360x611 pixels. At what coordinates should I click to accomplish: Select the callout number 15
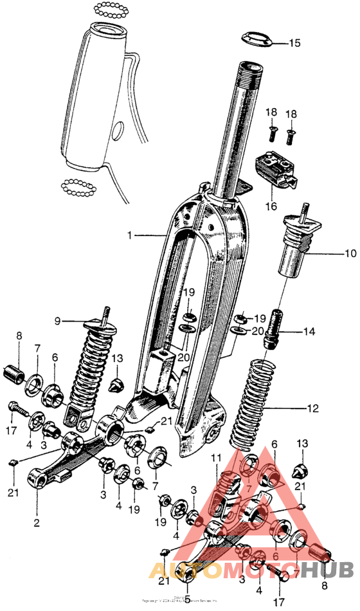point(293,44)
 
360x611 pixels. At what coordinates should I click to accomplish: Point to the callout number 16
point(271,206)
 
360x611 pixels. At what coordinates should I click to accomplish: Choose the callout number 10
point(350,253)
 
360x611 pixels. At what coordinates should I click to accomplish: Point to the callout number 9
point(57,320)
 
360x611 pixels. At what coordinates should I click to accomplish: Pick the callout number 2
point(36,522)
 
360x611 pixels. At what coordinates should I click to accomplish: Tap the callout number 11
point(217,458)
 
